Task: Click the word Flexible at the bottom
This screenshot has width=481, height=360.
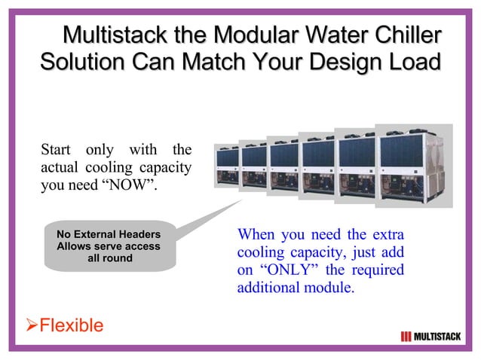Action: coord(71,325)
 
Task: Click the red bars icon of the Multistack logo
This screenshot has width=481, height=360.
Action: coord(406,335)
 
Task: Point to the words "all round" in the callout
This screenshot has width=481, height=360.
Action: coord(109,258)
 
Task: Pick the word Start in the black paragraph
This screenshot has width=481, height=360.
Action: coord(57,148)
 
